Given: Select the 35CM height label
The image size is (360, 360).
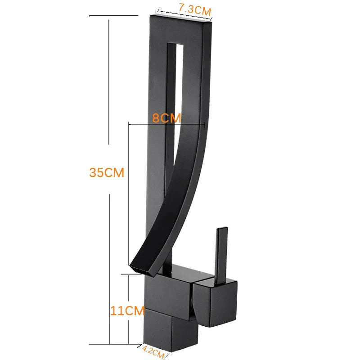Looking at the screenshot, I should coord(107,172).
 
